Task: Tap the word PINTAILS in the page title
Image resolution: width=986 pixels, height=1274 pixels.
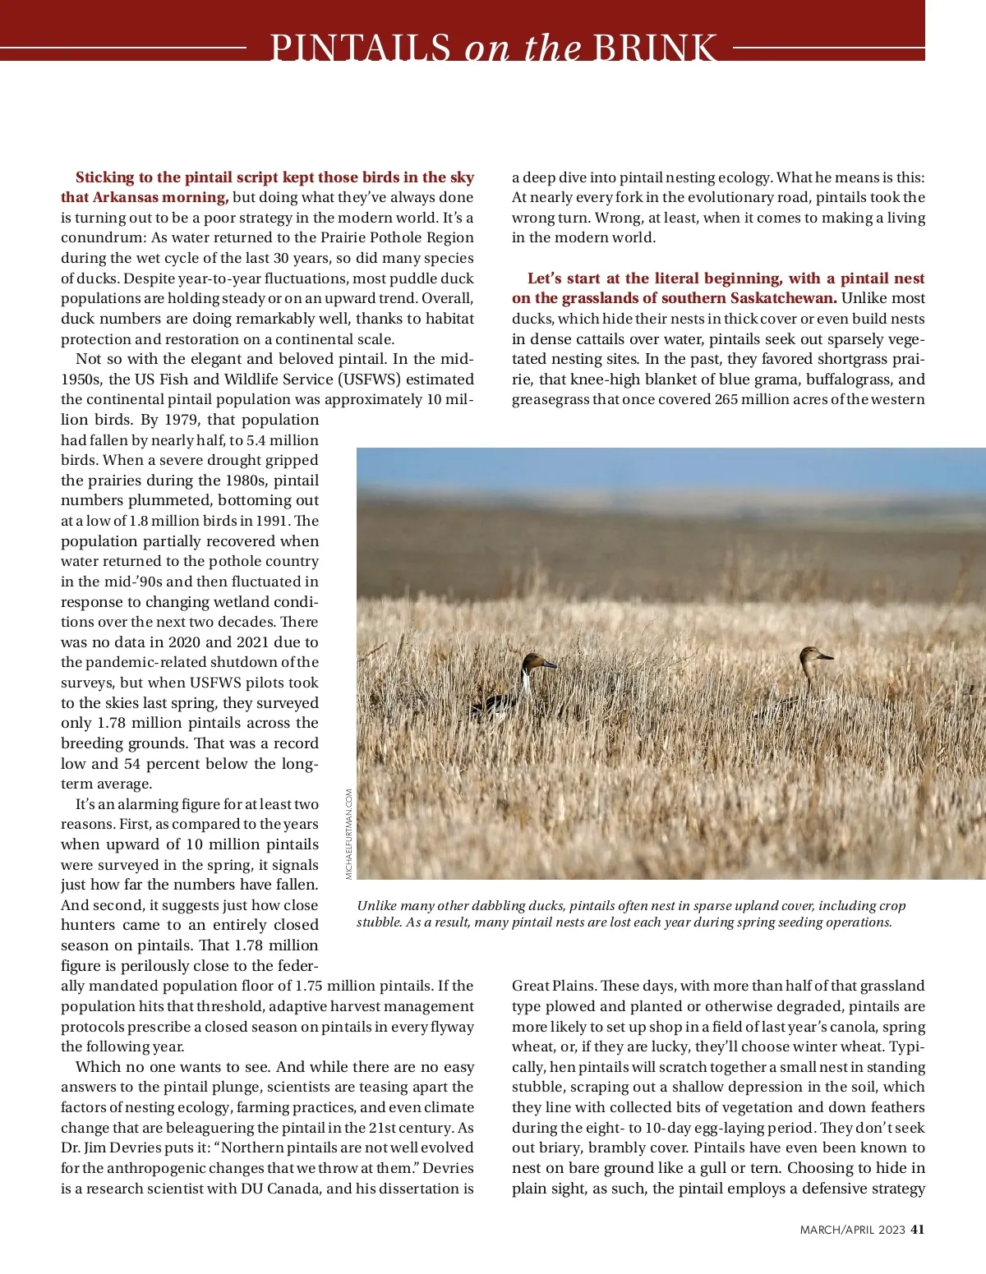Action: pyautogui.click(x=361, y=48)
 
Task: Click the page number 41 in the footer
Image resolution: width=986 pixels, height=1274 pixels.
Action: pyautogui.click(x=918, y=1230)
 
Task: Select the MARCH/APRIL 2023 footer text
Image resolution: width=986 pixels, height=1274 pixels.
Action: pyautogui.click(x=852, y=1230)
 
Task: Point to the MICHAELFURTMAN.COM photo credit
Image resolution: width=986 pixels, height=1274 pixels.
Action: pyautogui.click(x=349, y=834)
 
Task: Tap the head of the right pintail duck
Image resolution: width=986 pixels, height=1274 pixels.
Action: pyautogui.click(x=815, y=655)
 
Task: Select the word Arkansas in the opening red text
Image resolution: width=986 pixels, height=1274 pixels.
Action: pyautogui.click(x=131, y=197)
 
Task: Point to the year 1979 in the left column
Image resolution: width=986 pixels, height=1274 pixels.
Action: pyautogui.click(x=181, y=420)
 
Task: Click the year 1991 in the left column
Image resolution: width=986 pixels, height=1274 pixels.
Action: pyautogui.click(x=272, y=521)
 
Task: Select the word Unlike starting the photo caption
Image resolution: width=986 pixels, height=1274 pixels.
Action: pyautogui.click(x=378, y=906)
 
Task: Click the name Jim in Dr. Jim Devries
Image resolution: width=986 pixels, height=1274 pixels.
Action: pyautogui.click(x=100, y=1148)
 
